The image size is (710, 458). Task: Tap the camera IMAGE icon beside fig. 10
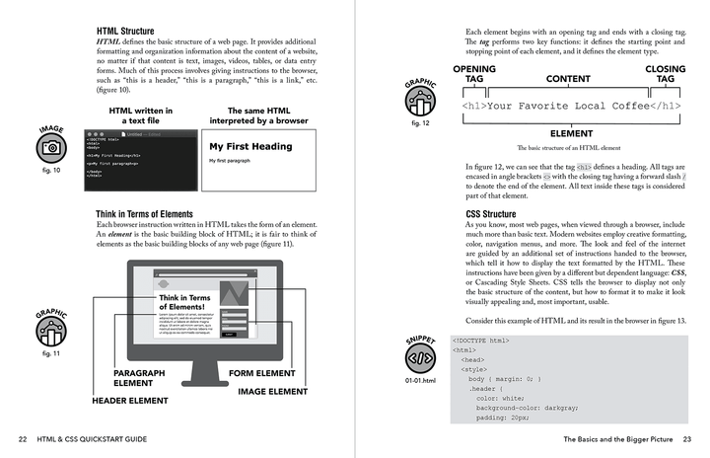click(51, 148)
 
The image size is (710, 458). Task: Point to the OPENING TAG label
click(474, 74)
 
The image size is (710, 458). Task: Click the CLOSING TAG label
click(666, 74)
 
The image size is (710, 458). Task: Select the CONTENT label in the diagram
click(568, 79)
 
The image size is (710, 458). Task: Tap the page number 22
click(22, 438)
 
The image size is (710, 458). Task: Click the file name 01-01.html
click(421, 380)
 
